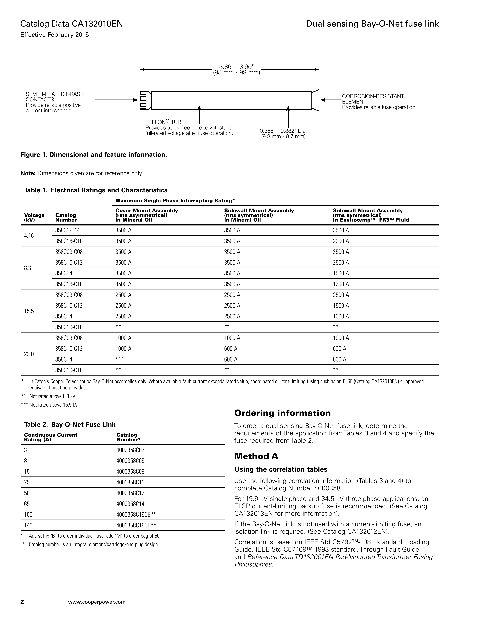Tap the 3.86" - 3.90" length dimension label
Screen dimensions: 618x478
click(236, 67)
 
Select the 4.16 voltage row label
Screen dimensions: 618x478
click(29, 236)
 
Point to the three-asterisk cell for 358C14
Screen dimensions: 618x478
click(119, 359)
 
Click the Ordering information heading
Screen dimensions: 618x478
click(282, 413)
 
